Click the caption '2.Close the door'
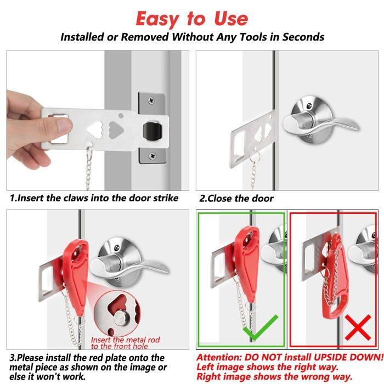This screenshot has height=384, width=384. [x=236, y=198]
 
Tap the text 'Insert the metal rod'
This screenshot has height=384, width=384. [x=126, y=340]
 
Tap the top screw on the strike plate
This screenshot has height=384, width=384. [x=152, y=100]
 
